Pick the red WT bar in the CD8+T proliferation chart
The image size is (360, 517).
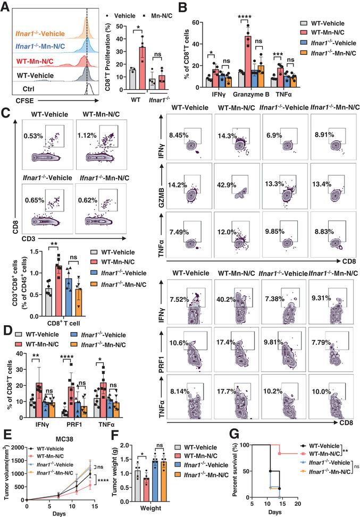(141, 67)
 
